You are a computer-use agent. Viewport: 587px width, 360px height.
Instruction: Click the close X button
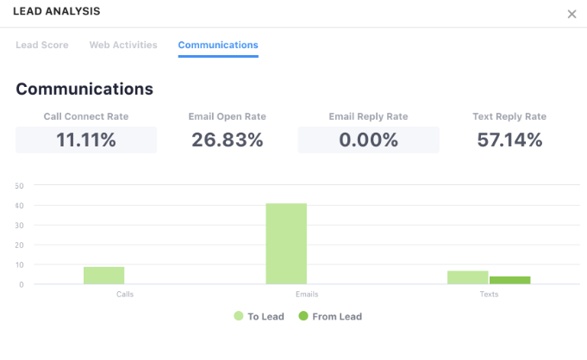pos(571,14)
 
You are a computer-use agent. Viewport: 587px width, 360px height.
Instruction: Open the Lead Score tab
pos(42,45)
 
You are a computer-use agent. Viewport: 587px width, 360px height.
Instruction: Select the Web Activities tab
pos(123,45)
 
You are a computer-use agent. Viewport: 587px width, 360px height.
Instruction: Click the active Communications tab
pos(218,45)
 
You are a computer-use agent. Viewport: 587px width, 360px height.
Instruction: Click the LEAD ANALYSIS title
pos(56,12)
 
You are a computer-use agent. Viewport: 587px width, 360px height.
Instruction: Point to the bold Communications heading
pos(84,89)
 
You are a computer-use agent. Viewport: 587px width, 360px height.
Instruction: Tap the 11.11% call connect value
pos(86,140)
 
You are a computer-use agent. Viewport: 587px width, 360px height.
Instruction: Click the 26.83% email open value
pos(228,140)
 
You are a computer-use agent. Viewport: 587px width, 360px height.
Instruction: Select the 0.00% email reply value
pos(369,140)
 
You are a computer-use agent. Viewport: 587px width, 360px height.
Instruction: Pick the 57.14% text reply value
pos(509,140)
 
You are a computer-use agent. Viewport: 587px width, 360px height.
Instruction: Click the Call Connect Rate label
pos(86,116)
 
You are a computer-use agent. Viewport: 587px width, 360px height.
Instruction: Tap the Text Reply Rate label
pos(509,116)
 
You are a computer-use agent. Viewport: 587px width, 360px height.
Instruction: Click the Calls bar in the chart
pos(104,275)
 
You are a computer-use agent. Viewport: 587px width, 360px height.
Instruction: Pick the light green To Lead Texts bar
pos(467,277)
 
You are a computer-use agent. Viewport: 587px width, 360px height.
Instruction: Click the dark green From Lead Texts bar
pos(509,280)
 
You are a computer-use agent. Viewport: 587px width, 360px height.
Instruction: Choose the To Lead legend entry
pos(259,316)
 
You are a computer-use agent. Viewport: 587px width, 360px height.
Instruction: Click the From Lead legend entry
pos(329,316)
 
